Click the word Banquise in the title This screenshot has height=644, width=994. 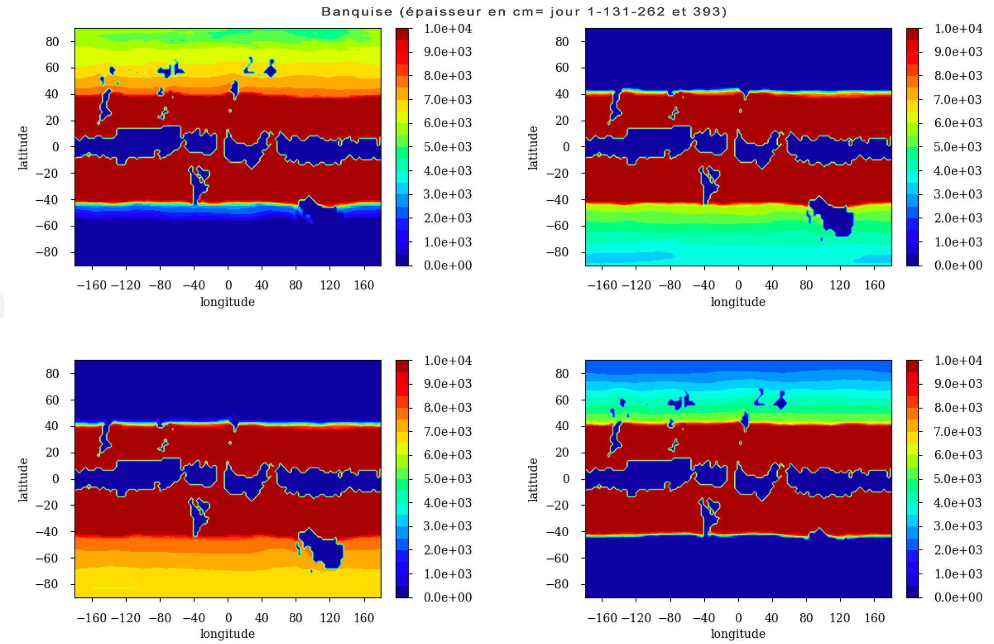click(357, 12)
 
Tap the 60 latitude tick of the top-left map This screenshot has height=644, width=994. click(52, 68)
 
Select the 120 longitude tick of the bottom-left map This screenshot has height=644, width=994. click(330, 618)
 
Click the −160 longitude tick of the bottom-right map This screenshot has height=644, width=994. click(602, 618)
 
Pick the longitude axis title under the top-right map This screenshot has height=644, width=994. click(738, 302)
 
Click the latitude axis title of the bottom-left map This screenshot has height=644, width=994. click(23, 479)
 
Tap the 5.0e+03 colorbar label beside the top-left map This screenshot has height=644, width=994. click(447, 147)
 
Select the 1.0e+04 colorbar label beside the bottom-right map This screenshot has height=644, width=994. click(958, 360)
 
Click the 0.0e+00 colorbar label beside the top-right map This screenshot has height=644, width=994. click(958, 265)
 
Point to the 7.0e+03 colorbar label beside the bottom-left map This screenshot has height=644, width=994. click(447, 431)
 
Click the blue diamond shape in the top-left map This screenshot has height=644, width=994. click(270, 71)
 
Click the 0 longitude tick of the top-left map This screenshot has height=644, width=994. click(228, 285)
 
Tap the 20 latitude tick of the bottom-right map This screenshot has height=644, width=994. click(562, 453)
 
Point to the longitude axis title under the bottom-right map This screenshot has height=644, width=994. click(738, 634)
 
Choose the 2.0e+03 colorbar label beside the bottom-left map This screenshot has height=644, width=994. click(447, 550)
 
